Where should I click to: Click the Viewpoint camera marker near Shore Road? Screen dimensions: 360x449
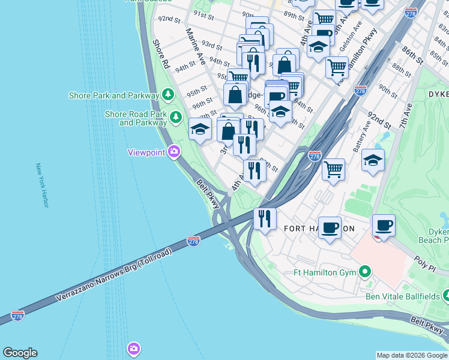(x=174, y=152)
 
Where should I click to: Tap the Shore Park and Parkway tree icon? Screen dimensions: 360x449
(x=169, y=95)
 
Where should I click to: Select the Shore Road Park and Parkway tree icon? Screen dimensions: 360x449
(x=176, y=116)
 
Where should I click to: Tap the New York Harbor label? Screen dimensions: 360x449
(x=41, y=185)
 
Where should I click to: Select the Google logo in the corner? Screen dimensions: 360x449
(x=20, y=353)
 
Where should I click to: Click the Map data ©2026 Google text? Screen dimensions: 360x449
(x=412, y=355)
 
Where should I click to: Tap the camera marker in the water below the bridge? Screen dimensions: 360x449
(x=133, y=348)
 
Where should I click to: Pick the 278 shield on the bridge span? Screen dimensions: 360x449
(x=193, y=241)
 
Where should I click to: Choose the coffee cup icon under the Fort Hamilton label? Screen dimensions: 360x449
(x=329, y=227)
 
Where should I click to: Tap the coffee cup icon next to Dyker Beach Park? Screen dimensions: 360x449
(x=384, y=226)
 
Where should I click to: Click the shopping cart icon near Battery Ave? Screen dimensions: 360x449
(x=333, y=169)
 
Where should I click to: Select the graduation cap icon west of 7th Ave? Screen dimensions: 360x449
(x=373, y=160)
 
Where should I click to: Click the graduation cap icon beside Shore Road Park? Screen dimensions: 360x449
(x=200, y=127)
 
